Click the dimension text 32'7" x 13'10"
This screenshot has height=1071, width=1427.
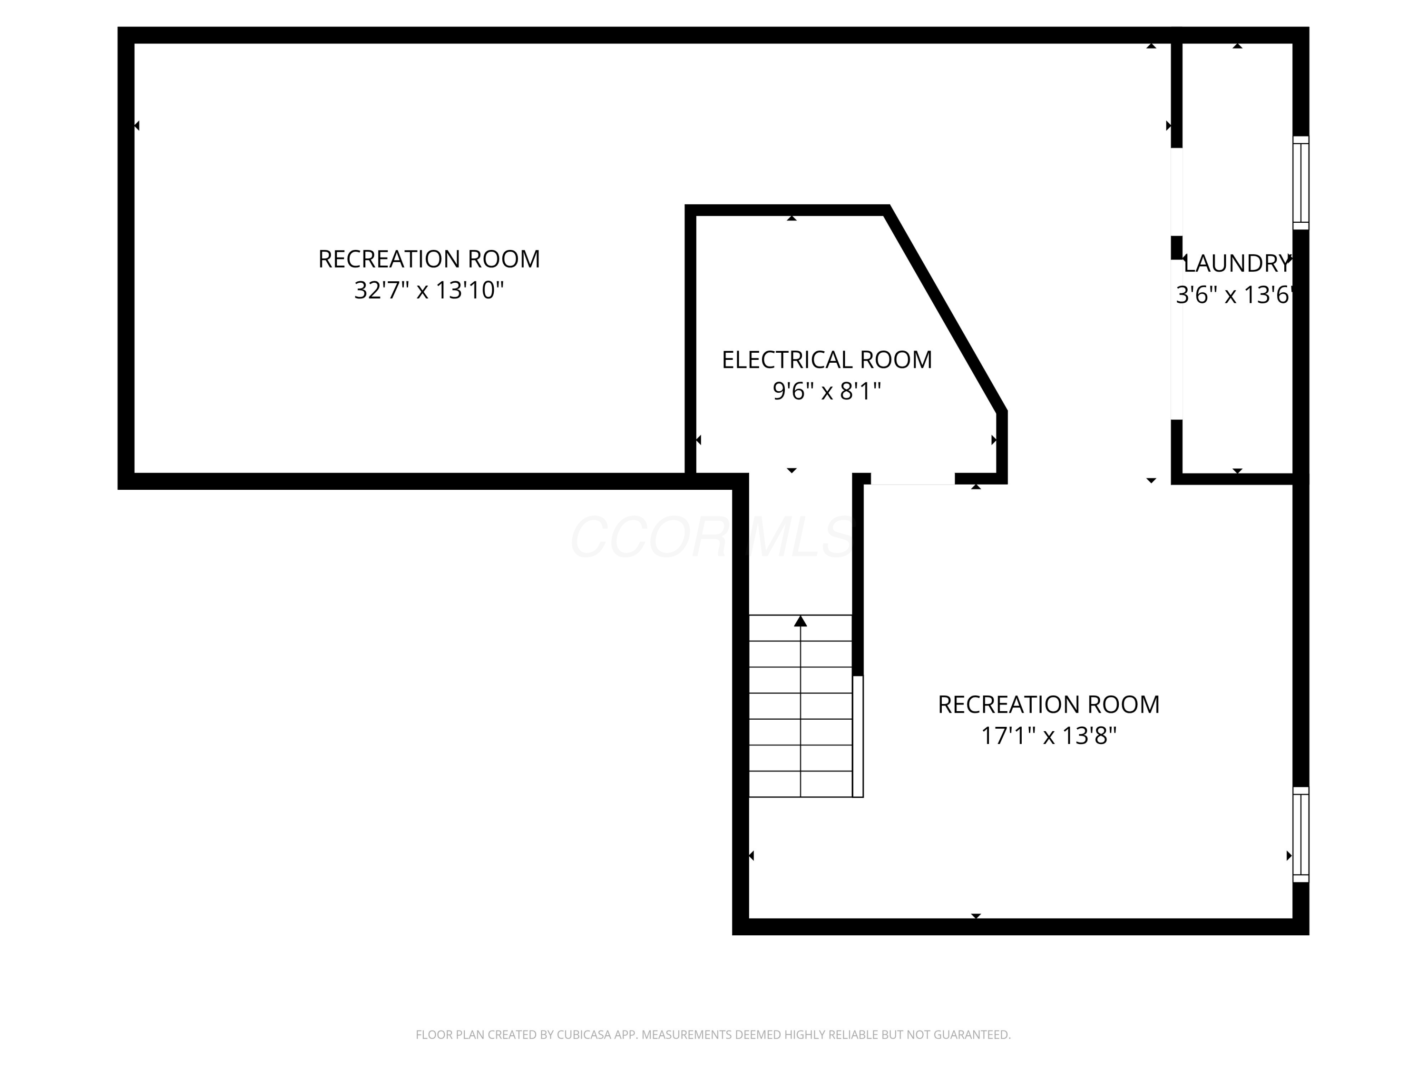[429, 290]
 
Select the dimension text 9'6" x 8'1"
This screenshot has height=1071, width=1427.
[826, 391]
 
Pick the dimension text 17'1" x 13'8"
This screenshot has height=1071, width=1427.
[1048, 736]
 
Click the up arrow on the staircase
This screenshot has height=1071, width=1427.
[801, 621]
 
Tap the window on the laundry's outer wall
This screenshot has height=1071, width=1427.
[1300, 183]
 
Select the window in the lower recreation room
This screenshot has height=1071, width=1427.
[1300, 834]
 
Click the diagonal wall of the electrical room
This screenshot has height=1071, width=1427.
[945, 310]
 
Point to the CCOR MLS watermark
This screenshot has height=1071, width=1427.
[713, 537]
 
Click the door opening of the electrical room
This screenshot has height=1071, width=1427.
[912, 479]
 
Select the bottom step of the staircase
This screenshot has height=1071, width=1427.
[801, 784]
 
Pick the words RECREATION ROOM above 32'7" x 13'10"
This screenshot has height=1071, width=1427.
[429, 259]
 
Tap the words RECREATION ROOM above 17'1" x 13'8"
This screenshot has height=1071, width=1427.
[1048, 704]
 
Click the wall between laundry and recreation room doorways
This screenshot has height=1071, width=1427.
[1177, 248]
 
